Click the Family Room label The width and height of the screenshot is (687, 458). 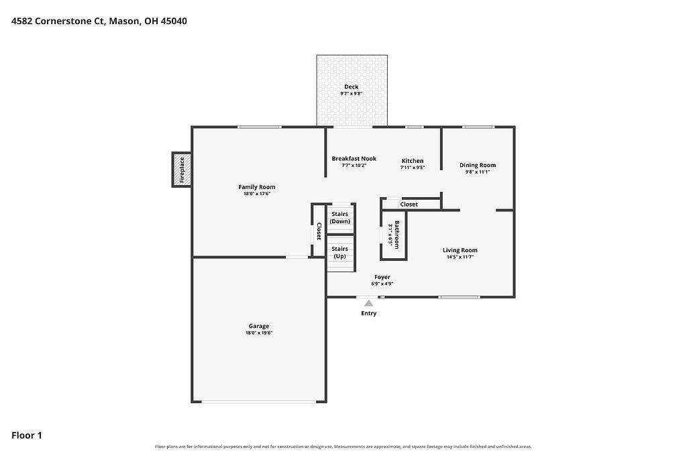tap(257, 187)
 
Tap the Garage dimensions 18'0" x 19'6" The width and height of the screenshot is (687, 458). tap(259, 333)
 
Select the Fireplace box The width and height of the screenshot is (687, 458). tap(182, 170)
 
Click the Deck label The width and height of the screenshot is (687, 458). tap(352, 87)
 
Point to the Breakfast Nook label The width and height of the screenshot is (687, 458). tap(354, 158)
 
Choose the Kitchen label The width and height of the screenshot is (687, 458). tap(413, 161)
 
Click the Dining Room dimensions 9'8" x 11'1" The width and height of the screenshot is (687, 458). tap(478, 172)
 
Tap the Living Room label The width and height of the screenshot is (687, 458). tap(460, 250)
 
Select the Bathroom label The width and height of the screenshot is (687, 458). tap(397, 235)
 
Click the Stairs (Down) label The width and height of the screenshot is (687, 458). tap(340, 218)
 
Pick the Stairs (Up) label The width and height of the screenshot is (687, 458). tap(340, 253)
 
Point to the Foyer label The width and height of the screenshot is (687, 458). tap(382, 277)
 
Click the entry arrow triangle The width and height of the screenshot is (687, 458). tap(369, 303)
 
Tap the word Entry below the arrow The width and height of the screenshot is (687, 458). tap(369, 313)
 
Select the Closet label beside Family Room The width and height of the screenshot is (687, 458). tap(319, 231)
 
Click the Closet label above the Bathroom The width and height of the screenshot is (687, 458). tap(409, 205)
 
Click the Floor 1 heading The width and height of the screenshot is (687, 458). tap(27, 435)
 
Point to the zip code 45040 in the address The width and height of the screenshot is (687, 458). tap(174, 21)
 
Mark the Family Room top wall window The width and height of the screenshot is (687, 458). tap(260, 127)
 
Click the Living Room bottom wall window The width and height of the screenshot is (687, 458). tap(459, 297)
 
